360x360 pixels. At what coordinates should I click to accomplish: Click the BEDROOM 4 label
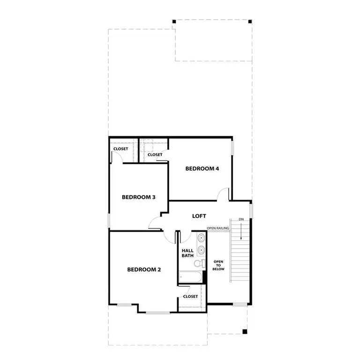[x=202, y=169]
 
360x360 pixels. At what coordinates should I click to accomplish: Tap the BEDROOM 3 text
[x=139, y=197]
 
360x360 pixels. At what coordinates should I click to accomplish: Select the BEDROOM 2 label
[x=144, y=270]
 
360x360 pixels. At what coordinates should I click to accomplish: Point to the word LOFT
[x=199, y=216]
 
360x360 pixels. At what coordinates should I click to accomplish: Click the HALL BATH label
[x=187, y=254]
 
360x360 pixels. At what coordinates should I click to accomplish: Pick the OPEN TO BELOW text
[x=218, y=266]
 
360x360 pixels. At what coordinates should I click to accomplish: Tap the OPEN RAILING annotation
[x=218, y=228]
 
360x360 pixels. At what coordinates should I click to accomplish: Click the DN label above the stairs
[x=241, y=219]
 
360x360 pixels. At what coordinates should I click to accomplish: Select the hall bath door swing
[x=184, y=237]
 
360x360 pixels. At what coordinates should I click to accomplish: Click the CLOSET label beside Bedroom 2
[x=190, y=296]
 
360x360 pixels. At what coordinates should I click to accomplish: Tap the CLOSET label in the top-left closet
[x=120, y=149]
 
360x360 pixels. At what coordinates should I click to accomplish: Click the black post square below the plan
[x=245, y=332]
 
